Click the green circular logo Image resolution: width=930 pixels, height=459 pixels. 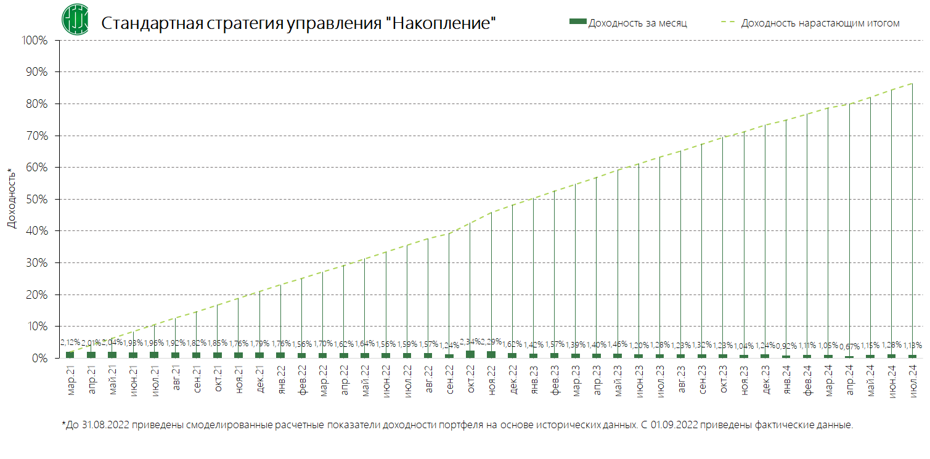point(75,19)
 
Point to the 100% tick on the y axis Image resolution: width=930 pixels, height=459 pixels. point(35,41)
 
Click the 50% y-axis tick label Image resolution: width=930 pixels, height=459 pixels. point(36,199)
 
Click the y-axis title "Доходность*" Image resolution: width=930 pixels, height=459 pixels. point(11,198)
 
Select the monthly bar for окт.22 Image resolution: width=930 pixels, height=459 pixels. point(470,354)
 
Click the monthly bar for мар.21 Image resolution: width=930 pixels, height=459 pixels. point(70,355)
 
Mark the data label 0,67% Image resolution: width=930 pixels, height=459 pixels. point(849,346)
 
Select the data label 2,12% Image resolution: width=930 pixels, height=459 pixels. point(70,342)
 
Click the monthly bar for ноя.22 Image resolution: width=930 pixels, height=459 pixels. point(491,354)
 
